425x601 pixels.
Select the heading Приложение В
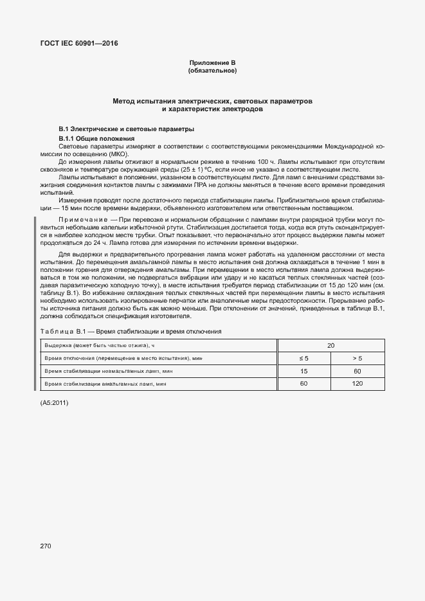tap(212, 62)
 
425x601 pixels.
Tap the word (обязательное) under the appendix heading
tap(212, 71)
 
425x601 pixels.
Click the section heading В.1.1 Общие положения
tap(96, 139)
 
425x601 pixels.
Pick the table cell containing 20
tap(330, 346)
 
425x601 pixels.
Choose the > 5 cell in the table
tap(357, 358)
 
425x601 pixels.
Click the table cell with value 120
tap(357, 384)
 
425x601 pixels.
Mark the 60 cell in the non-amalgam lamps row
tap(357, 372)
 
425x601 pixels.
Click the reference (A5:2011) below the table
tap(54, 403)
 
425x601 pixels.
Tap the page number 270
tap(45, 546)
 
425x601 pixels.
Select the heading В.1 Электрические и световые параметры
tap(108, 129)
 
